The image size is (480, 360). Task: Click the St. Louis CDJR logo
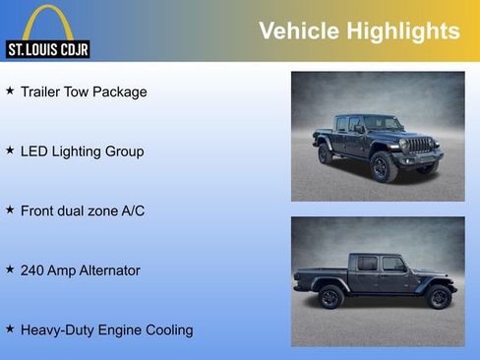coord(47,31)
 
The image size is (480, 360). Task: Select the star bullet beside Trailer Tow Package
coord(10,90)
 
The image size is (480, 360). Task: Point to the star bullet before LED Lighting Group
coord(10,150)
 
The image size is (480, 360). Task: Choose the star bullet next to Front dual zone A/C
coord(10,210)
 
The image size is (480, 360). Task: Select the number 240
coord(33,270)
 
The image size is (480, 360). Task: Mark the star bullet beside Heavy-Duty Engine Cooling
coord(10,328)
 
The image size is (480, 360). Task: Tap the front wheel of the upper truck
coord(384,167)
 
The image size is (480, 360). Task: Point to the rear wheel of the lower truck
coord(331,297)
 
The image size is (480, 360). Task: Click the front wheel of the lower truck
coord(438,297)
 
